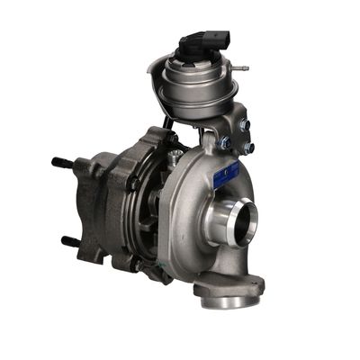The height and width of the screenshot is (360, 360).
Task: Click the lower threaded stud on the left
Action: pyautogui.click(x=70, y=241)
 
